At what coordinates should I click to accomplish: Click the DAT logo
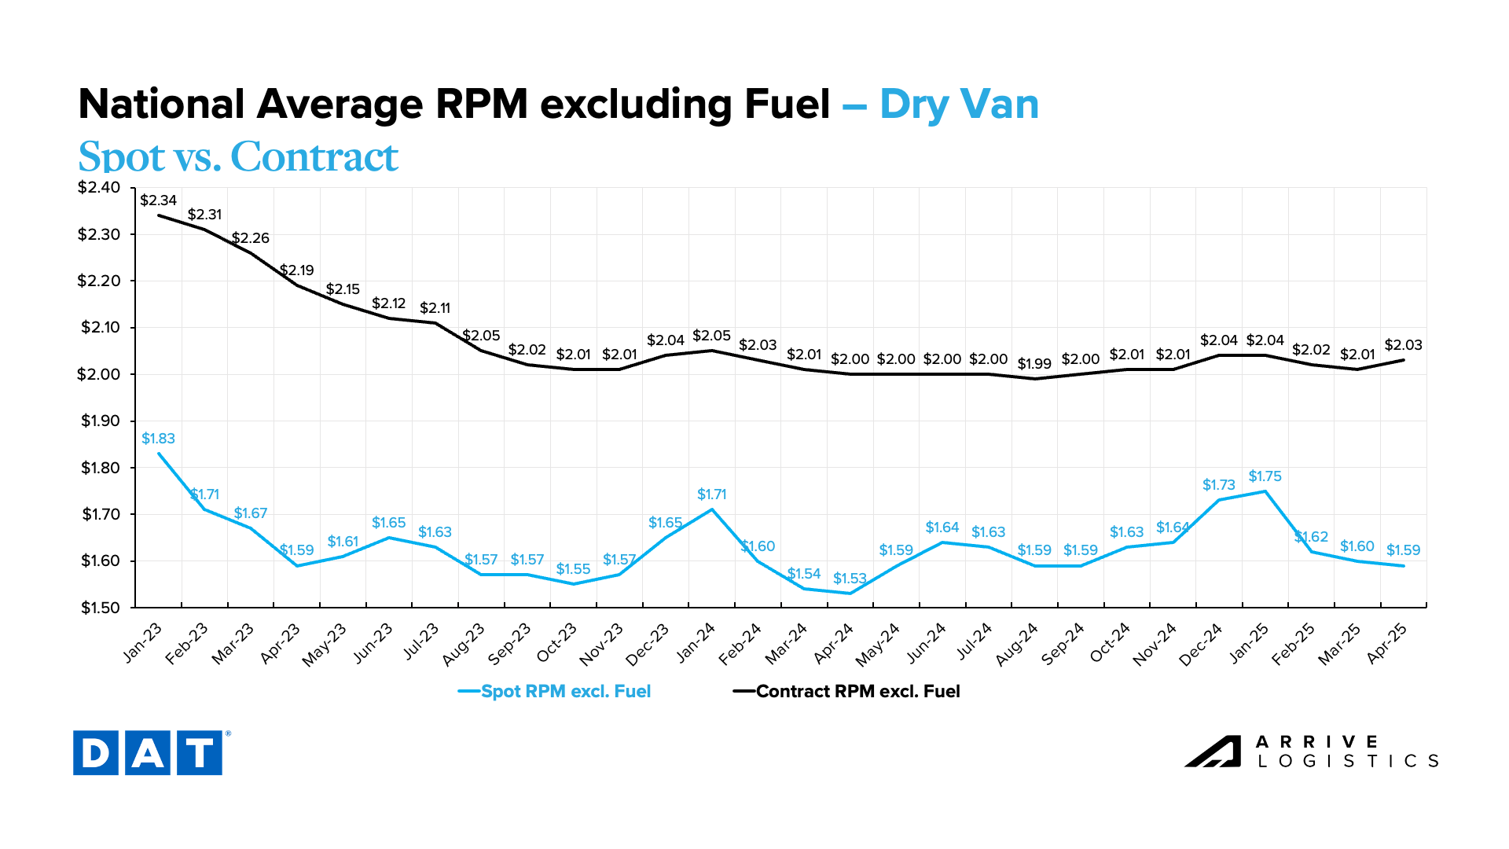(x=148, y=753)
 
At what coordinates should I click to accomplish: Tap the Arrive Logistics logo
(x=1311, y=752)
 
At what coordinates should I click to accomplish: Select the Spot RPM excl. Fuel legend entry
(x=555, y=692)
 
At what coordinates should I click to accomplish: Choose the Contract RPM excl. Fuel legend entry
(x=847, y=692)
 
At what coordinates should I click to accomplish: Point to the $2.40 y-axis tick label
(x=99, y=188)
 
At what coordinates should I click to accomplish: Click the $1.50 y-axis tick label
(x=99, y=608)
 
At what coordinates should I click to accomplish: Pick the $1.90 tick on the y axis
(x=99, y=421)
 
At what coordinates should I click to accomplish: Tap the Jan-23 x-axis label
(x=143, y=642)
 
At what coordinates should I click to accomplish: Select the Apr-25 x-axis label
(x=1387, y=643)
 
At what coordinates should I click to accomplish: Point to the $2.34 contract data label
(x=158, y=200)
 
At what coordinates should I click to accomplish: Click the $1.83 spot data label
(x=158, y=439)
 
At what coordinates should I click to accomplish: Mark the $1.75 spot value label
(x=1265, y=476)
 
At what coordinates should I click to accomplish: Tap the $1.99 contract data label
(x=1034, y=364)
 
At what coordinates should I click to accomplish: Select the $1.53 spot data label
(x=850, y=579)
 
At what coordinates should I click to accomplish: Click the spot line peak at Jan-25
(x=1265, y=491)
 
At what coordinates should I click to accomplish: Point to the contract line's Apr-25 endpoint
(x=1404, y=360)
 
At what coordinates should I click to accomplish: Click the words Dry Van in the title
(x=959, y=105)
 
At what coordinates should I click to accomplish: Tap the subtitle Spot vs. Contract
(x=238, y=156)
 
